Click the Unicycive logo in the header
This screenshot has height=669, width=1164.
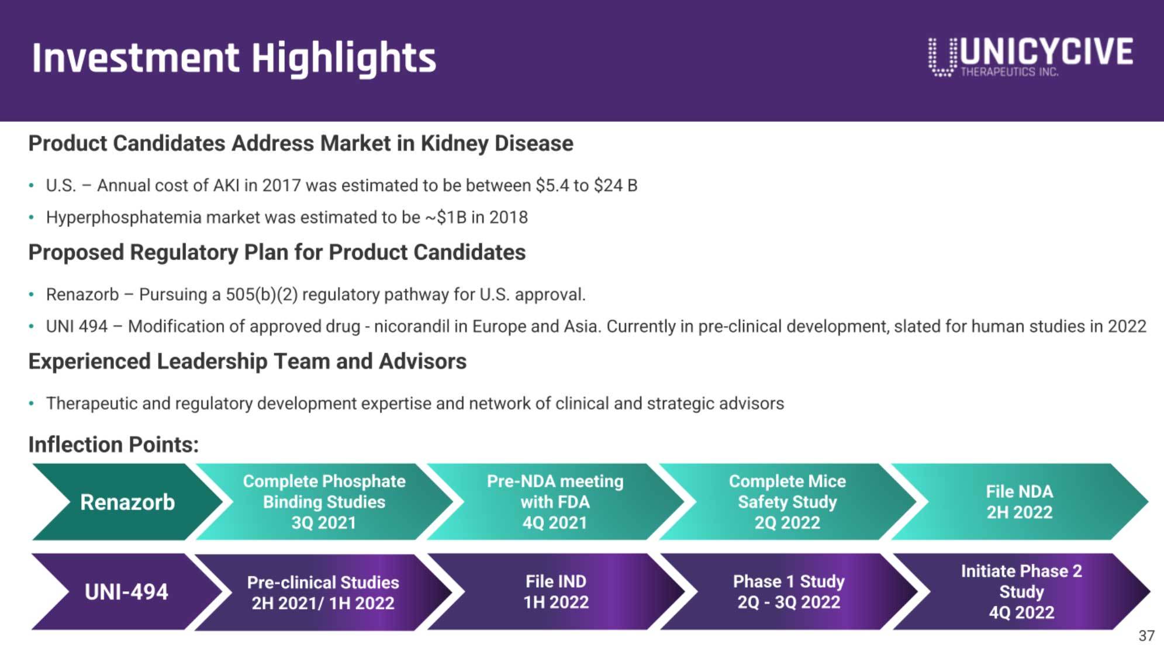(1030, 57)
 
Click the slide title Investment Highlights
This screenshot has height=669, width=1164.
(234, 58)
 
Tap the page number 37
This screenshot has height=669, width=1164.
(1146, 636)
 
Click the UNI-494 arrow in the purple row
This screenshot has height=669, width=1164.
(126, 592)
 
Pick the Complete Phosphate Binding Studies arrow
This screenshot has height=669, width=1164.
(324, 502)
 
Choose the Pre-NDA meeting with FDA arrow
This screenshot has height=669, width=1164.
(555, 502)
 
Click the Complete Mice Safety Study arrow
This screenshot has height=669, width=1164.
(787, 502)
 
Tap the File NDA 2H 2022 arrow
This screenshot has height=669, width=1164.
(1020, 502)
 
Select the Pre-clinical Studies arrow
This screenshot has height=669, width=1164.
(323, 592)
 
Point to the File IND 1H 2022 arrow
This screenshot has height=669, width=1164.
(556, 592)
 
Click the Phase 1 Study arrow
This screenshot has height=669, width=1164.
(789, 592)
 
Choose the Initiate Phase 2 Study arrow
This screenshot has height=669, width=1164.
(1021, 592)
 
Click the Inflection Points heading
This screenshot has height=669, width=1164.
(113, 445)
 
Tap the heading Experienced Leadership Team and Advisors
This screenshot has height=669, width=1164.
(247, 362)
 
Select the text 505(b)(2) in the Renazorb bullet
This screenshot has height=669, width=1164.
(262, 294)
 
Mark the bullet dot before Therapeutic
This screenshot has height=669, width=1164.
(31, 403)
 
